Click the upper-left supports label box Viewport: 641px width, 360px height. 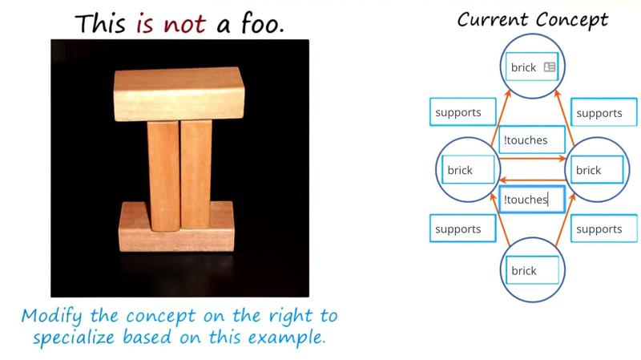click(x=463, y=111)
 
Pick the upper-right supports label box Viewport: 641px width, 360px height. click(x=604, y=112)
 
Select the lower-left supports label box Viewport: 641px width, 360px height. click(x=463, y=229)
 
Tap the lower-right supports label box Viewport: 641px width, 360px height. click(x=604, y=229)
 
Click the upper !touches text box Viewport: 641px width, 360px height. click(x=532, y=140)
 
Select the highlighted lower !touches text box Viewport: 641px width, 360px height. click(x=532, y=199)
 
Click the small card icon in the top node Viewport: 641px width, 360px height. click(x=550, y=67)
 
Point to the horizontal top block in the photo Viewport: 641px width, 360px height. click(x=179, y=94)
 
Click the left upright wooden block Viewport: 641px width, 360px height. click(x=163, y=176)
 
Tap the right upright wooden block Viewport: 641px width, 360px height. click(x=196, y=174)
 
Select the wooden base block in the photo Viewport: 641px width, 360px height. click(x=176, y=227)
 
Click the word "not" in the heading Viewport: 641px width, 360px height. click(x=184, y=25)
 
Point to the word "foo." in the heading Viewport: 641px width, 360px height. click(x=262, y=23)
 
